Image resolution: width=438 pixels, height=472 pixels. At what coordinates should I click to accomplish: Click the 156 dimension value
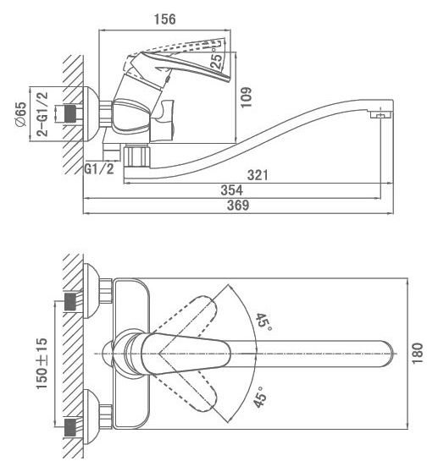pos(164,19)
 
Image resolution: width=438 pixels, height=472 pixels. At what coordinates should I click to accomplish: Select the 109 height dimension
pos(246,97)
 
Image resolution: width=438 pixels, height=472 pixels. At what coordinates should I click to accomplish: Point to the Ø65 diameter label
pos(21,115)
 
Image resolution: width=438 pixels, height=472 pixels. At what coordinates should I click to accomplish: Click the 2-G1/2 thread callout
pos(42,114)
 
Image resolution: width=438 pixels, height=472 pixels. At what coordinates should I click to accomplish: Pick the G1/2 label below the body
pos(99,169)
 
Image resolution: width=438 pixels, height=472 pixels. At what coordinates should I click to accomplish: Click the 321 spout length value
pos(258,175)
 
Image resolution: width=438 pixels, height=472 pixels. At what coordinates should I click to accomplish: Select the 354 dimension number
pos(231,190)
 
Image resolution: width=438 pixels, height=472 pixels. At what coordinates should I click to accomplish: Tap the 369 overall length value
pos(238,205)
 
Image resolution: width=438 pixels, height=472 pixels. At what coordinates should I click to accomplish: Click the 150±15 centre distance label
pos(42,364)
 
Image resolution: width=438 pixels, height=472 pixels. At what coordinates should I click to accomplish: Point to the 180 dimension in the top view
pos(418,353)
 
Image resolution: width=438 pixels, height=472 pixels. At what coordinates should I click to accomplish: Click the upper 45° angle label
pos(263,321)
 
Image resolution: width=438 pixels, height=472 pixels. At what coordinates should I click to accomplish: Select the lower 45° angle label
pos(260,397)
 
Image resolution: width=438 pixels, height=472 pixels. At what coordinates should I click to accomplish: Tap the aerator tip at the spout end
pos(380,114)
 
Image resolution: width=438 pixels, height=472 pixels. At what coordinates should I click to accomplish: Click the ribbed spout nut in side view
pos(137,156)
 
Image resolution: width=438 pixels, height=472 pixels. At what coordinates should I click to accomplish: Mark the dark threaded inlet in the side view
pos(70,113)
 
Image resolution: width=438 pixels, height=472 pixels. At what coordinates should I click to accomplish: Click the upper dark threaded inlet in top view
pos(70,302)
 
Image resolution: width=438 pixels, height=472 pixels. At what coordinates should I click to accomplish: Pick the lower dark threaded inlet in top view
pos(70,427)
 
